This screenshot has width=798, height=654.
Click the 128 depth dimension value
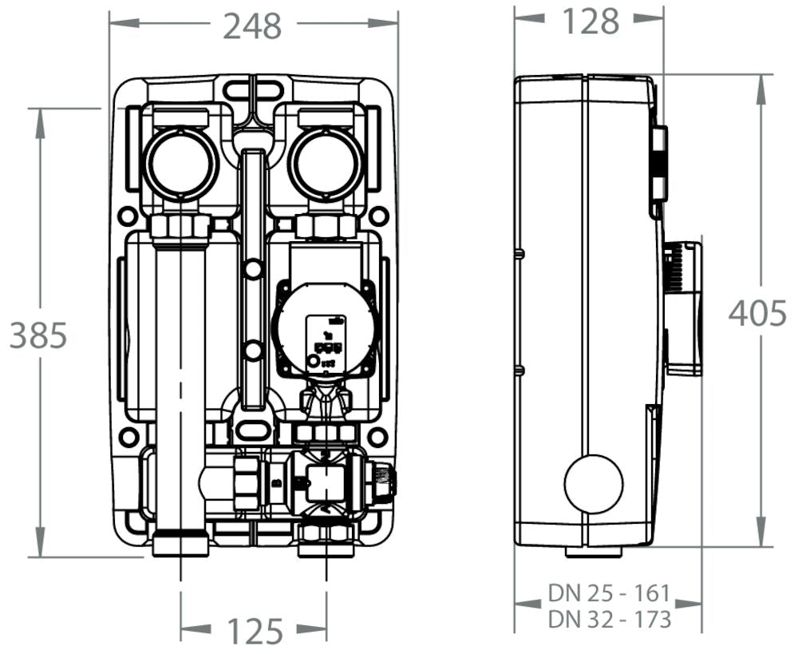[591, 22]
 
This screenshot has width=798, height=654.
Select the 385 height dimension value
[38, 336]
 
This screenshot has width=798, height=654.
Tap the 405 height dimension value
[757, 313]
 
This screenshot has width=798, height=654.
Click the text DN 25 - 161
[608, 593]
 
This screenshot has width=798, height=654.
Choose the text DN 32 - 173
[608, 619]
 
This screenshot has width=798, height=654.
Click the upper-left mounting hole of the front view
[127, 216]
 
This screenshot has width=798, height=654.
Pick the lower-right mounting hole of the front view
[378, 438]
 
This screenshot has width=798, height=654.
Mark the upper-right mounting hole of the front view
[379, 216]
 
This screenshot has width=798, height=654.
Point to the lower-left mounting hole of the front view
[127, 438]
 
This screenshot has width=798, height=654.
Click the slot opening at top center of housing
[253, 89]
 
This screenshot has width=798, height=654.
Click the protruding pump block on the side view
[684, 307]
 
